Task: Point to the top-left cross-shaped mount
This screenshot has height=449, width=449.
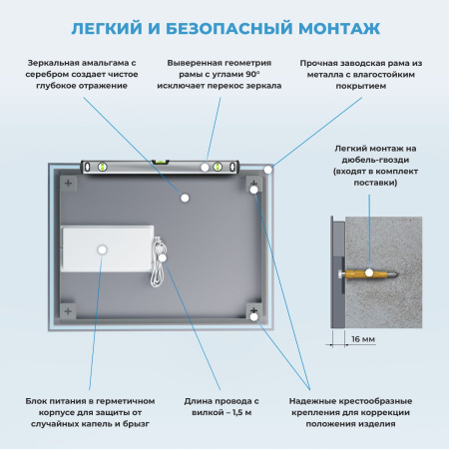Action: click(x=68, y=185)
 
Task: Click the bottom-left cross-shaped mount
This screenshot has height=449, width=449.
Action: click(x=68, y=312)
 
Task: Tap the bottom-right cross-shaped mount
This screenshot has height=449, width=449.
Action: click(x=254, y=316)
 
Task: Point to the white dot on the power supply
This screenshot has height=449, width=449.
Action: click(x=101, y=249)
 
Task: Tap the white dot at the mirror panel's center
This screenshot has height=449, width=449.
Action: click(x=185, y=199)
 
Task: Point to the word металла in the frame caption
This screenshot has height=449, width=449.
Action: click(x=320, y=75)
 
